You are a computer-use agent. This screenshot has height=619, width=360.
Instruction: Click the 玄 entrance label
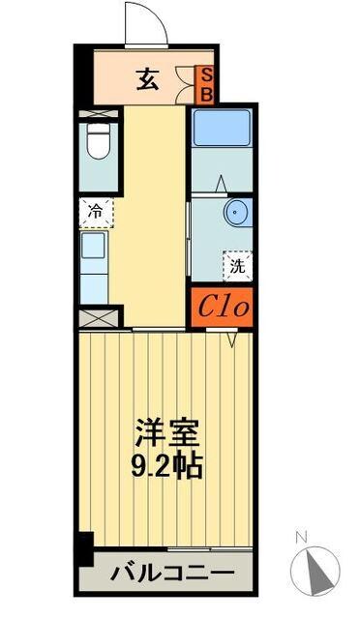[146, 80]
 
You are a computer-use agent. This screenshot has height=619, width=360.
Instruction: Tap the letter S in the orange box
[205, 74]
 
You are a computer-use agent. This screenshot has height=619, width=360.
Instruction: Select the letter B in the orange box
[205, 93]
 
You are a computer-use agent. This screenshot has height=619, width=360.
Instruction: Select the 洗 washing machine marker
[236, 264]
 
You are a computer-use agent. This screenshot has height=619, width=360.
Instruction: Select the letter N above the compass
[301, 537]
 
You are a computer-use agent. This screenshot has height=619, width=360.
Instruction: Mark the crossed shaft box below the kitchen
[98, 316]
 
